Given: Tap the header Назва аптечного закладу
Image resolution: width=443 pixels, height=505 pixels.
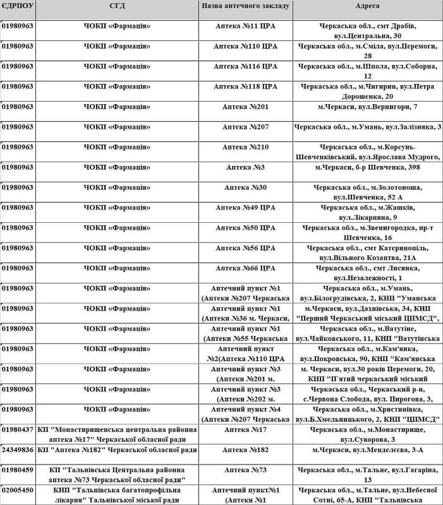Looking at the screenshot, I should click(245, 6).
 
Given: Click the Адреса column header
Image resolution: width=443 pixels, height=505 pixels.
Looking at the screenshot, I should click(367, 6).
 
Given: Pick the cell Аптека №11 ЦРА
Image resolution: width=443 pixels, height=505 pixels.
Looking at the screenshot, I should click(245, 27).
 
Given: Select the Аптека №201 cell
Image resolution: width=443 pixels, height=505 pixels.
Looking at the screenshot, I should click(245, 107).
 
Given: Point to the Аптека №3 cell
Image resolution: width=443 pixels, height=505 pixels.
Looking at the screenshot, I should click(245, 167).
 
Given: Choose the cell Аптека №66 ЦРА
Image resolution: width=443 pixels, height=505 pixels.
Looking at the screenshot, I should click(245, 268).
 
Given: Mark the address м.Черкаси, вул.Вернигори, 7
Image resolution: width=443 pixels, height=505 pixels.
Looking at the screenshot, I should click(367, 107).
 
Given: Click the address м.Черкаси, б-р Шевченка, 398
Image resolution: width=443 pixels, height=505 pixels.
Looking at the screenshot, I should click(367, 167).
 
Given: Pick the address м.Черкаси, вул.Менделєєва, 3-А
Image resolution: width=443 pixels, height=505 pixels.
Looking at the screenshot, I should click(367, 449).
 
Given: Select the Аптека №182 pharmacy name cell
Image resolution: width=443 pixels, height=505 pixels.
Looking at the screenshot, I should click(245, 449).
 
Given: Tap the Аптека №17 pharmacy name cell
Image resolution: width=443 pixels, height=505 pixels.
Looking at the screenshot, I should click(245, 429).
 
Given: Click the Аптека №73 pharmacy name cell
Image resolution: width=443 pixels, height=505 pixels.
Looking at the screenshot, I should click(245, 470).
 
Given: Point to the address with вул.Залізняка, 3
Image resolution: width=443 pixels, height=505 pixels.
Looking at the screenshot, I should click(367, 127).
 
